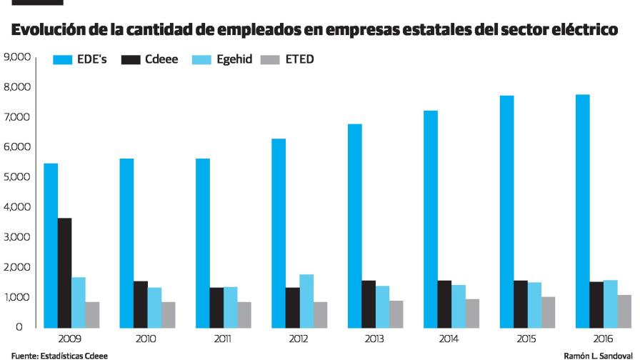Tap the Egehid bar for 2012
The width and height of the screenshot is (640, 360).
click(x=306, y=301)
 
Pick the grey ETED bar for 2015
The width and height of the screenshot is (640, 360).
click(x=548, y=312)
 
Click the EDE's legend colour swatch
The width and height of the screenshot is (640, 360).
click(x=62, y=60)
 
